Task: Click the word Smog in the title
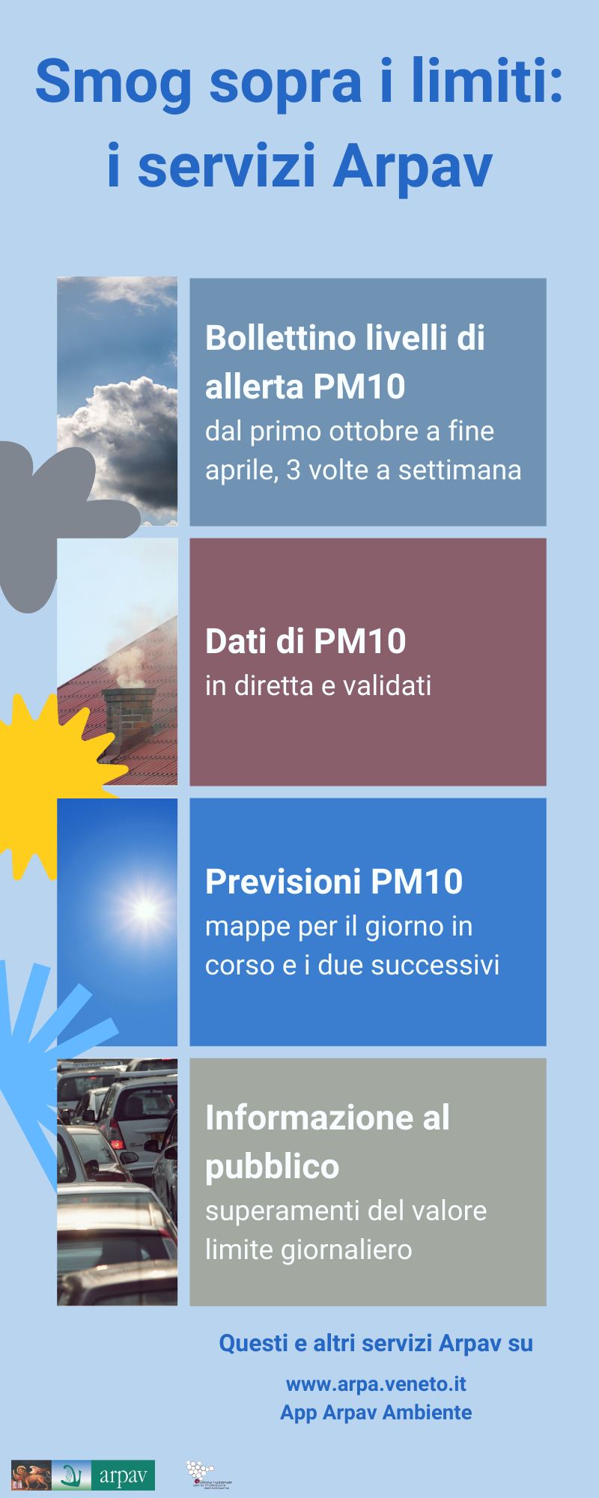[113, 82]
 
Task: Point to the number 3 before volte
[294, 470]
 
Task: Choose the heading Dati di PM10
[305, 642]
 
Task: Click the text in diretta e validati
[318, 686]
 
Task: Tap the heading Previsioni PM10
[334, 882]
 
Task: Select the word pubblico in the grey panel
[273, 1167]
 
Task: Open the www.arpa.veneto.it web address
[376, 1384]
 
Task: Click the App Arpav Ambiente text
[376, 1413]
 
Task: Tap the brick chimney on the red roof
[128, 718]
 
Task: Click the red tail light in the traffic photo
[116, 1144]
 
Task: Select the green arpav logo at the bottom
[123, 1475]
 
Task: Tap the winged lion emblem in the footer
[31, 1475]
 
